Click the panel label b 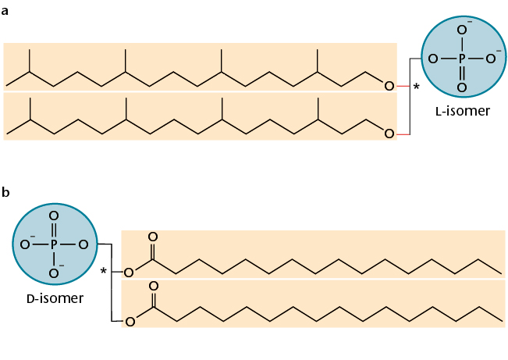pyautogui.click(x=6, y=192)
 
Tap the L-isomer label pyautogui.click(x=463, y=111)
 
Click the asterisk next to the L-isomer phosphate pyautogui.click(x=416, y=87)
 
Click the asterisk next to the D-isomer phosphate pyautogui.click(x=103, y=272)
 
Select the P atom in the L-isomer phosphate pyautogui.click(x=462, y=58)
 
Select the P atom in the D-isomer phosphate pyautogui.click(x=54, y=244)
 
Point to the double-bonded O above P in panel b pyautogui.click(x=54, y=216)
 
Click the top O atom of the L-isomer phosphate pyautogui.click(x=462, y=30)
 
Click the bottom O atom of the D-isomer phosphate pyautogui.click(x=54, y=273)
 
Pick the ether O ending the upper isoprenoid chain pyautogui.click(x=389, y=85)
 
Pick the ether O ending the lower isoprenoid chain pyautogui.click(x=389, y=134)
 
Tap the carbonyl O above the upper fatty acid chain pyautogui.click(x=153, y=236)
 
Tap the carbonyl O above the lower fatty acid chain pyautogui.click(x=153, y=287)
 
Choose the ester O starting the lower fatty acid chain pyautogui.click(x=130, y=321)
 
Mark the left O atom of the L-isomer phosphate pyautogui.click(x=433, y=58)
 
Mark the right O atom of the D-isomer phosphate pyautogui.click(x=83, y=244)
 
